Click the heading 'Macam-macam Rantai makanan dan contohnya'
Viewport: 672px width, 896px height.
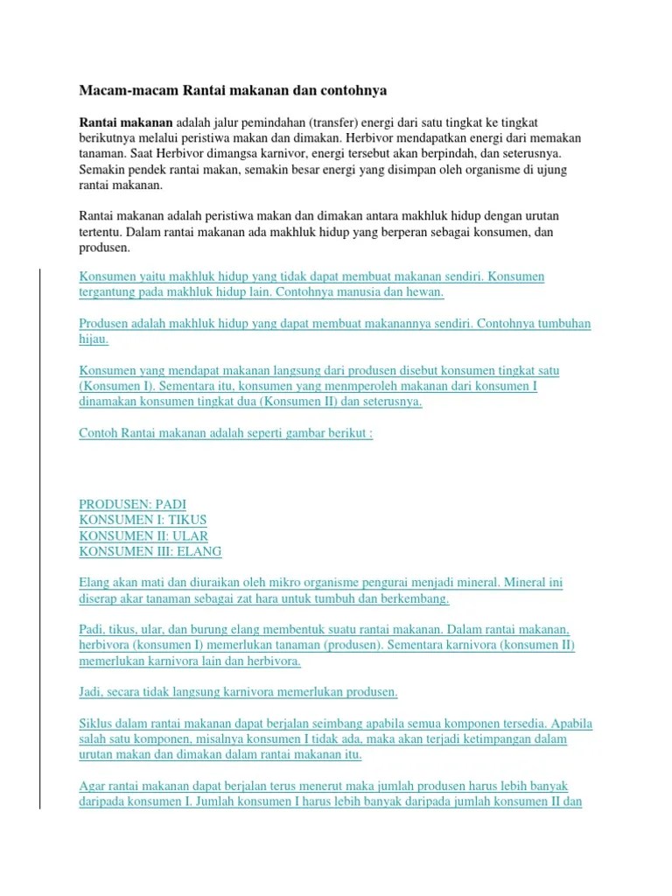(233, 90)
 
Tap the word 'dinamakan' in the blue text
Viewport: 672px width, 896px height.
(108, 402)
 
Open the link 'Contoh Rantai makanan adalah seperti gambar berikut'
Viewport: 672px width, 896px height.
(226, 433)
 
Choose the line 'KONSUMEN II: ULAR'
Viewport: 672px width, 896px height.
(143, 535)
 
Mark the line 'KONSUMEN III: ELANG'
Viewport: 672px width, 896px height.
(150, 551)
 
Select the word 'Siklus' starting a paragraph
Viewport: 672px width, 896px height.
(97, 724)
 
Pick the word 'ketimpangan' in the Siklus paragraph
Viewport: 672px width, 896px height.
(507, 739)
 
